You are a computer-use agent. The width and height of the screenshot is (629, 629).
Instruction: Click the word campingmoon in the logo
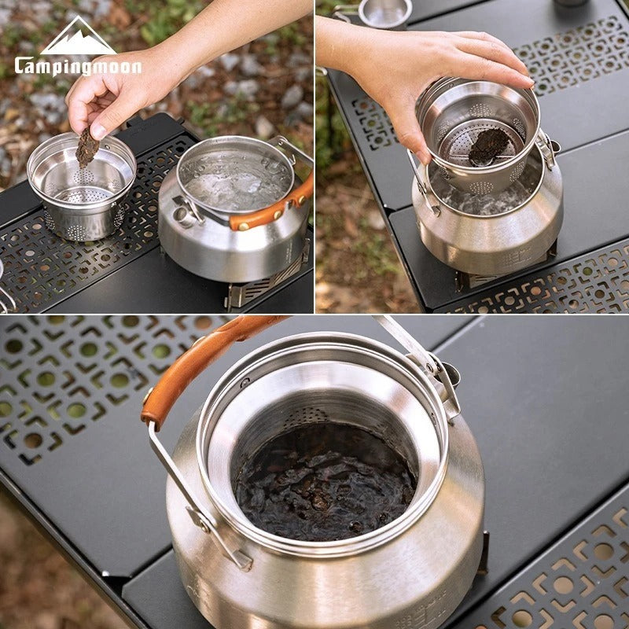tap(77, 65)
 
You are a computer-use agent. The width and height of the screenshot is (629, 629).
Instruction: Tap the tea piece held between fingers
tap(86, 147)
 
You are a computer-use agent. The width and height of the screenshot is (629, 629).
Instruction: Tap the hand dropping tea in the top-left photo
tap(118, 94)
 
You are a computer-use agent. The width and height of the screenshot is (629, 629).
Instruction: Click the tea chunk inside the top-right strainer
tap(487, 146)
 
